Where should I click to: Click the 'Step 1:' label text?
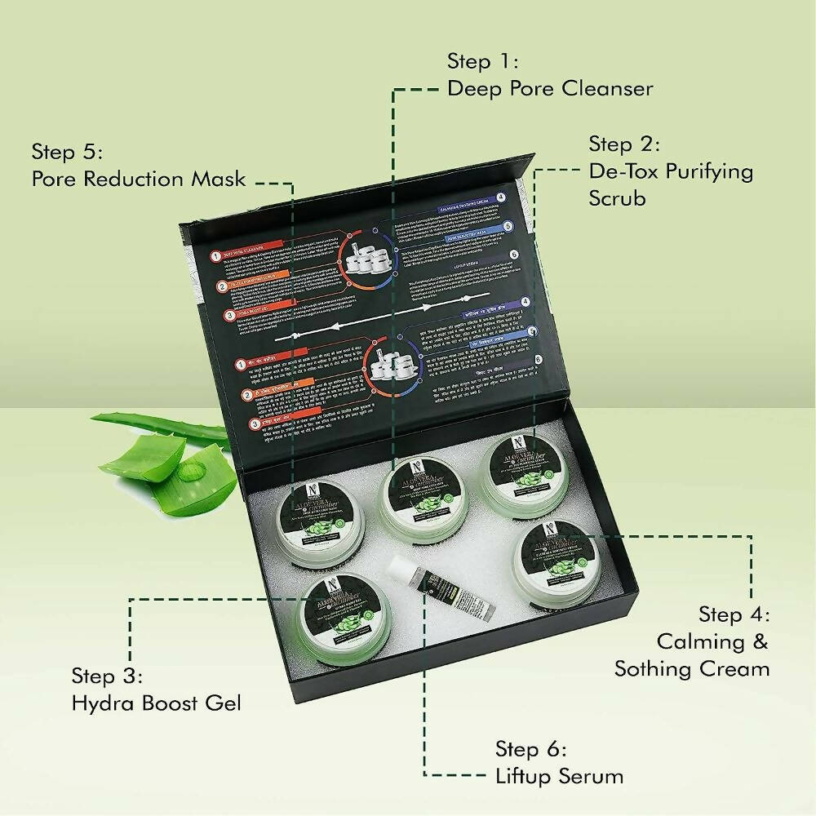click(x=482, y=62)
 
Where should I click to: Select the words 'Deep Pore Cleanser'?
click(x=549, y=88)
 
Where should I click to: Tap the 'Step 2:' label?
click(x=624, y=145)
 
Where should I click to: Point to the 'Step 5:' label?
click(x=67, y=152)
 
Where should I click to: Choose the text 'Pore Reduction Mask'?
click(x=138, y=179)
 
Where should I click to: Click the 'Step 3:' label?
click(x=107, y=676)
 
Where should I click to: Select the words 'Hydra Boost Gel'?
click(x=156, y=703)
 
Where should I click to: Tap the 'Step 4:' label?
click(x=734, y=614)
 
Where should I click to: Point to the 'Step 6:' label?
click(x=530, y=749)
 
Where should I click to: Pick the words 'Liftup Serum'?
click(x=559, y=775)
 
